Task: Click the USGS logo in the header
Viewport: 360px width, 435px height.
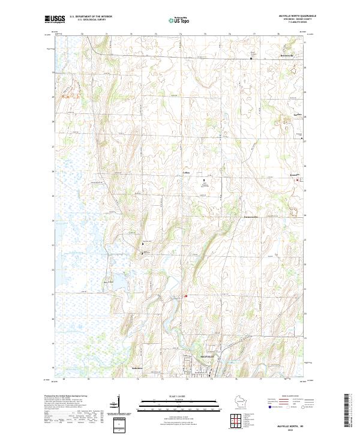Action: [55, 19]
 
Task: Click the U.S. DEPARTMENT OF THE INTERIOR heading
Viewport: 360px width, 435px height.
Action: [91, 16]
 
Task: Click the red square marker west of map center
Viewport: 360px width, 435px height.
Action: [186, 295]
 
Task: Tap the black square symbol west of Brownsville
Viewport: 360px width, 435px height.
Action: [251, 58]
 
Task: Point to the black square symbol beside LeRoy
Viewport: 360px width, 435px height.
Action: [203, 180]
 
